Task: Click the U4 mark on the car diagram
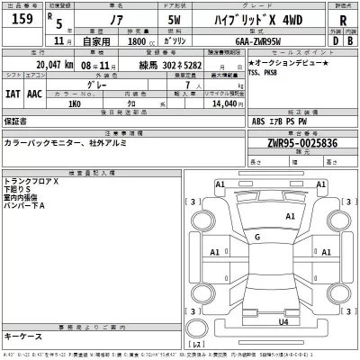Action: [x=283, y=321]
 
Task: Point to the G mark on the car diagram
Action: [x=257, y=237]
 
